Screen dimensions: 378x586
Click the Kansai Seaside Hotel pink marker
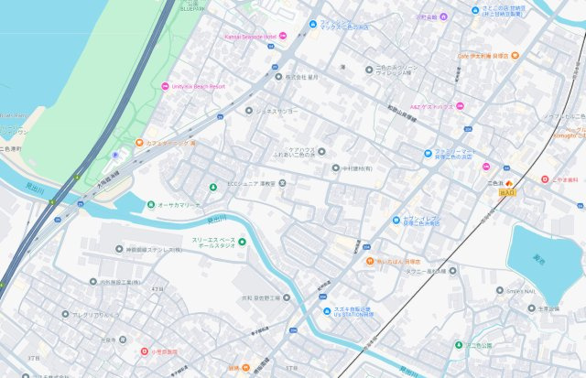coord(283,36)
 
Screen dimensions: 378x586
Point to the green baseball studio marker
coord(244,242)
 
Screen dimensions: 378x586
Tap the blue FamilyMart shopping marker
coord(429,153)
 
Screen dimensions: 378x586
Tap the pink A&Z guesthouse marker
coord(461,106)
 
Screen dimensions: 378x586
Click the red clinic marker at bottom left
coord(143,351)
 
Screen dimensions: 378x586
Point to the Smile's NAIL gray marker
coord(501,290)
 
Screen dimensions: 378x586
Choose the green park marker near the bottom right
coord(458,345)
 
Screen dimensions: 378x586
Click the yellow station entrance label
coord(507,192)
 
